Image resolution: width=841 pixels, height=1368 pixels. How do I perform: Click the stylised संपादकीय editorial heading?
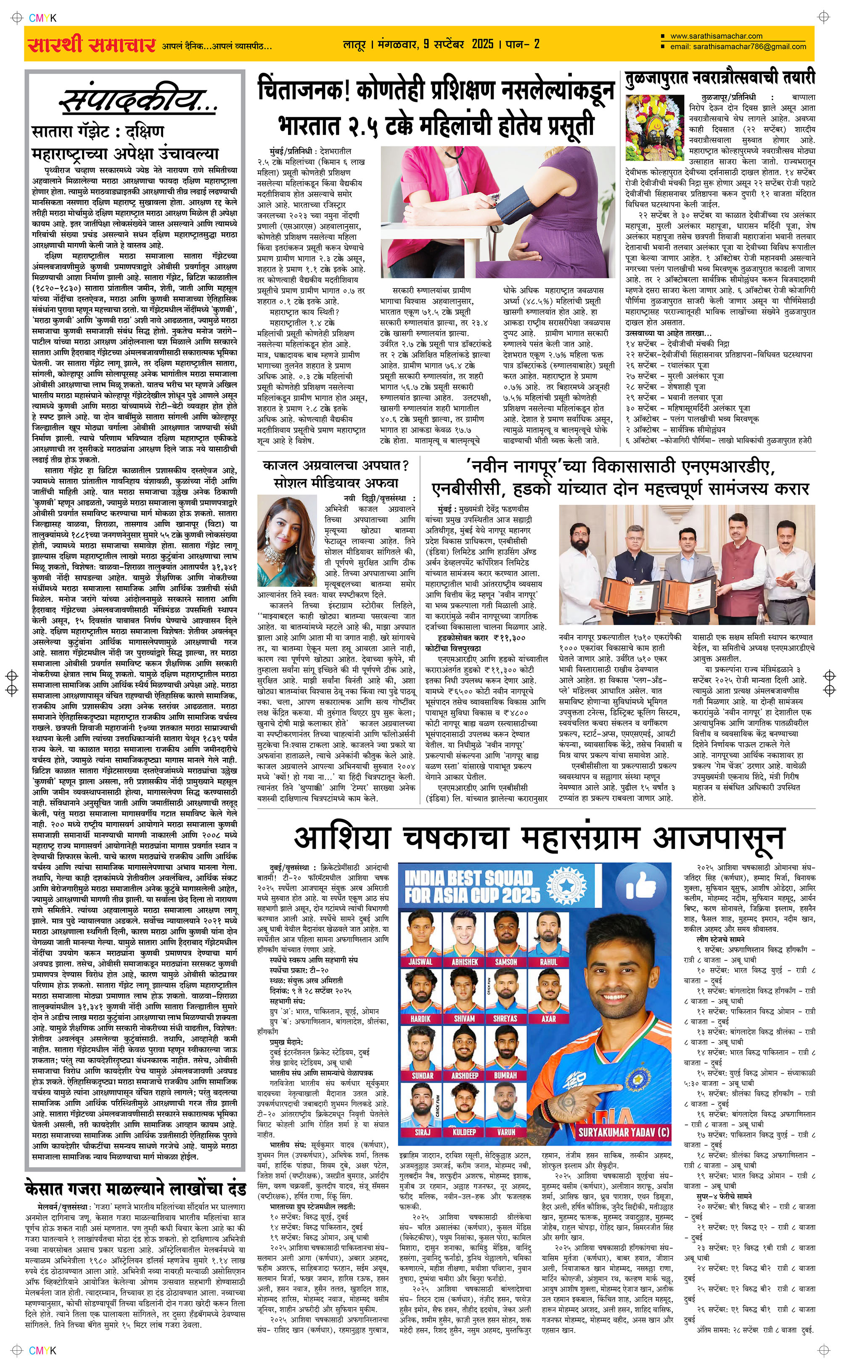[137, 101]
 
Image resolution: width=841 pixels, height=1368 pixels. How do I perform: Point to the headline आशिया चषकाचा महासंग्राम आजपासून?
[540, 838]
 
